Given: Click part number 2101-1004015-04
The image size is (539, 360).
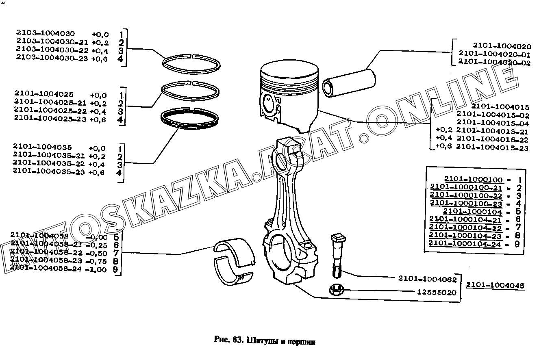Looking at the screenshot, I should click(493, 123).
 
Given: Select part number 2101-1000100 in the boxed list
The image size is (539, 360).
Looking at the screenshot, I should click(473, 179).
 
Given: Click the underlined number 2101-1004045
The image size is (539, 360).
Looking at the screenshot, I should click(495, 285).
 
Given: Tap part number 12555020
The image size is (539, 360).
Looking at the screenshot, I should click(437, 292).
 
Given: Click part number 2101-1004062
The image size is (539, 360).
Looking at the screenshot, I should click(428, 280).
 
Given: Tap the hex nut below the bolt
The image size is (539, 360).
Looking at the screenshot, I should click(336, 290).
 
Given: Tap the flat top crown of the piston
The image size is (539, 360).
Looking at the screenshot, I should click(289, 72).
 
